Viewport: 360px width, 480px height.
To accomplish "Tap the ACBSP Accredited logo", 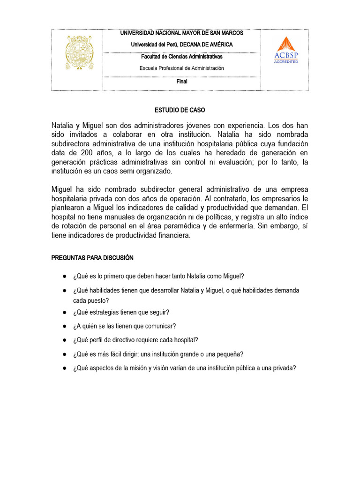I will [x=286, y=50].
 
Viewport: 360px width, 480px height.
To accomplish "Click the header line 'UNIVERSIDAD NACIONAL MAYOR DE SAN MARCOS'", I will [x=181, y=33].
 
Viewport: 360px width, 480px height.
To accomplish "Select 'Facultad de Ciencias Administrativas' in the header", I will [x=181, y=57].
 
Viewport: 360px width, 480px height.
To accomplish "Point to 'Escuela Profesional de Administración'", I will [x=181, y=68].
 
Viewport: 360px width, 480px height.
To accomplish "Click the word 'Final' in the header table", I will [x=181, y=81].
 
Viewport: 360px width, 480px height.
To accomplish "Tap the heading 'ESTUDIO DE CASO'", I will [x=180, y=110].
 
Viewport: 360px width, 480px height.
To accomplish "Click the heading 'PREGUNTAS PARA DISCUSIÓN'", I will [x=92, y=258].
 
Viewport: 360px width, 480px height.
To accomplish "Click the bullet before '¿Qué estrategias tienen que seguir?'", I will [x=64, y=312].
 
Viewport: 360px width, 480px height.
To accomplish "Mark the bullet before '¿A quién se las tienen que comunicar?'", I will [x=64, y=326].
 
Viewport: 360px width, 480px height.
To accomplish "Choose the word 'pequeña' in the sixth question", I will [x=230, y=354].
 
